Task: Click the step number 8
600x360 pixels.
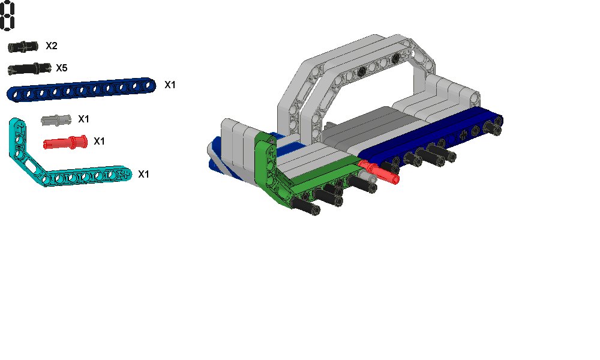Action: point(7,16)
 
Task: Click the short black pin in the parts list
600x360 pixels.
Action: point(23,46)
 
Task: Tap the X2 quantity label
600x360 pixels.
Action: point(52,46)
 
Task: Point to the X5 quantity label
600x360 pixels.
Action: point(62,68)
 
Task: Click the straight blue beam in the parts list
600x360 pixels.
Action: point(82,90)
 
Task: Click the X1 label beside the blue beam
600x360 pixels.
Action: point(170,85)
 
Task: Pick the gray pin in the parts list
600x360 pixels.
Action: point(56,120)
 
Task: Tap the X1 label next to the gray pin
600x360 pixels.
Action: point(83,119)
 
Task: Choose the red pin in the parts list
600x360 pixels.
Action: point(65,142)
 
